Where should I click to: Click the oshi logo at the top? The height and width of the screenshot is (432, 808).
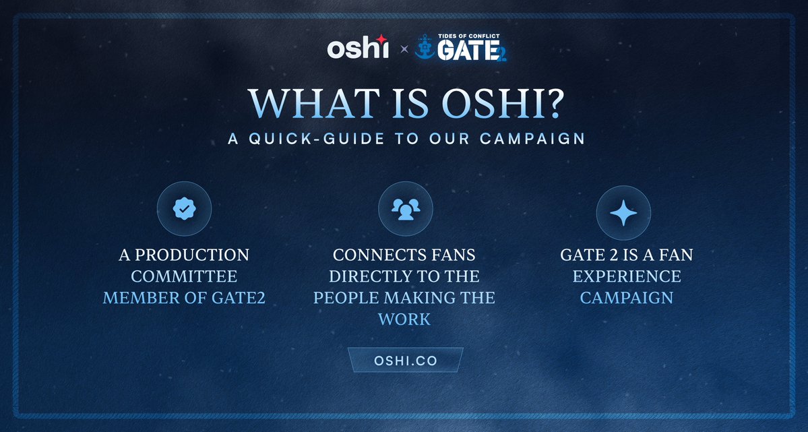coord(357,49)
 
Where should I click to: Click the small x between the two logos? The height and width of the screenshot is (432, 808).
coord(404,49)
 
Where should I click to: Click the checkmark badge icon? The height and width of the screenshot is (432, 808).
coord(184,209)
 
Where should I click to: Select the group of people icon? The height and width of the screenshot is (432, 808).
coord(406,209)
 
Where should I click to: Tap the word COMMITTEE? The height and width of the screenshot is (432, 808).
coord(184,276)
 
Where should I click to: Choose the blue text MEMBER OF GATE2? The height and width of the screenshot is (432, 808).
coord(184,297)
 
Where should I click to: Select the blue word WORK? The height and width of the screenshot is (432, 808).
coord(404,319)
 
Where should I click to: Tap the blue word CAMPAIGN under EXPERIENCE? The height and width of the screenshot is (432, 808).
coord(627,297)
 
